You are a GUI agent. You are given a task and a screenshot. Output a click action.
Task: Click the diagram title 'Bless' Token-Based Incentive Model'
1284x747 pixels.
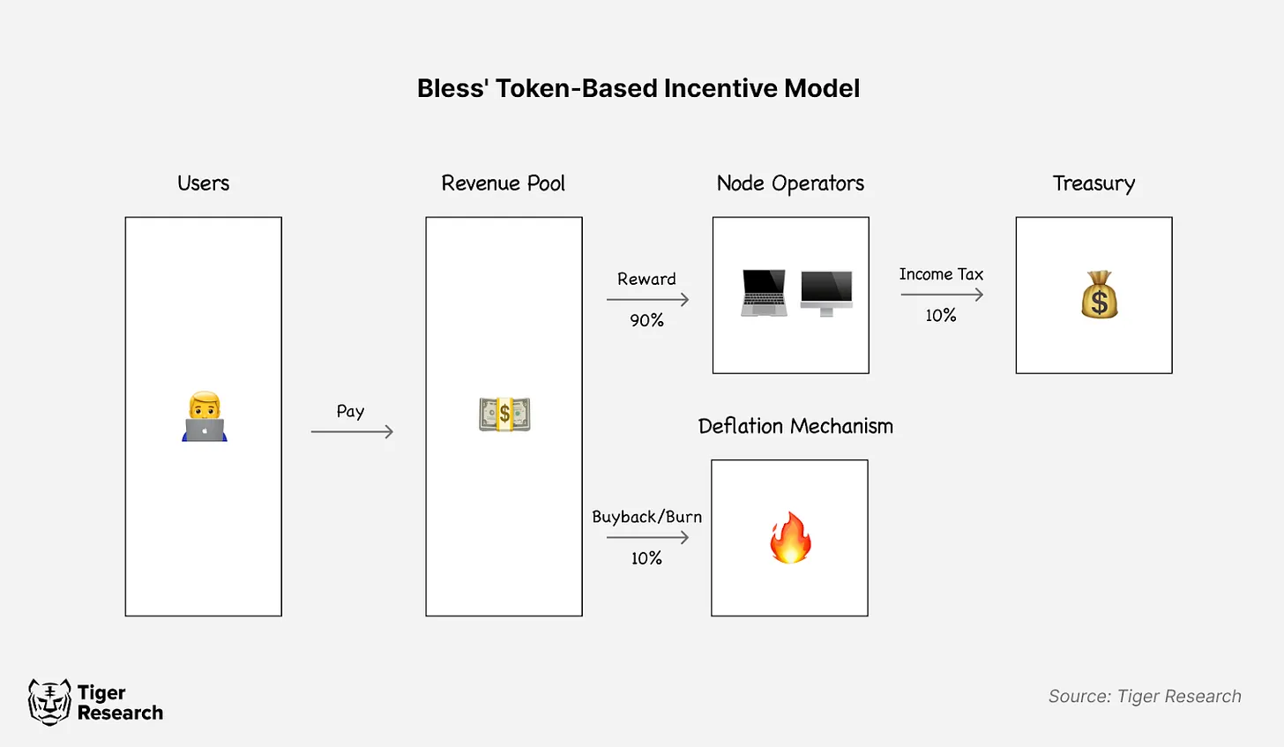(x=638, y=88)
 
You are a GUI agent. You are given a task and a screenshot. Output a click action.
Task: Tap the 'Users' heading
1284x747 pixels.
(x=203, y=183)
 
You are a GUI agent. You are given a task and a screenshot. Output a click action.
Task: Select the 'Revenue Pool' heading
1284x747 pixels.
(x=503, y=183)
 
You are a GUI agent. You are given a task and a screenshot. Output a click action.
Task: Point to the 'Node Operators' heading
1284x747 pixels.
(x=790, y=183)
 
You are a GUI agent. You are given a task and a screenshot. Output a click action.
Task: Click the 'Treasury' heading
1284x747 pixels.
(x=1094, y=183)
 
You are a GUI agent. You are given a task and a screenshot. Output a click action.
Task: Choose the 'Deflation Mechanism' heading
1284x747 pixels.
(x=795, y=427)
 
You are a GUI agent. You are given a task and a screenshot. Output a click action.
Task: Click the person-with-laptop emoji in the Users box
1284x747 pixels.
(x=205, y=417)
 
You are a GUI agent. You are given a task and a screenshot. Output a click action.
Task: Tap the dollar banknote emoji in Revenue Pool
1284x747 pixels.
(x=504, y=414)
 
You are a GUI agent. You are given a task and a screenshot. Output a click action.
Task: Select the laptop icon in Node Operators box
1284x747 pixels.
(x=764, y=293)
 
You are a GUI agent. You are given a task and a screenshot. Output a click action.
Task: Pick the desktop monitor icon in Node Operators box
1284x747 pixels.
(x=826, y=293)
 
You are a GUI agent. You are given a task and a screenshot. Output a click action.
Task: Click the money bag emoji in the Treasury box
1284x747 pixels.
(x=1099, y=295)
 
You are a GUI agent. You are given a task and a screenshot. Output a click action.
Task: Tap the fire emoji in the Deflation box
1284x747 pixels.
(x=790, y=538)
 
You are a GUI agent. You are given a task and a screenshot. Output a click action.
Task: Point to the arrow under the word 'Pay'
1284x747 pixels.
(x=352, y=431)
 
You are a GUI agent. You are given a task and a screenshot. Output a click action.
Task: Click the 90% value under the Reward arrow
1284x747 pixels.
(x=646, y=320)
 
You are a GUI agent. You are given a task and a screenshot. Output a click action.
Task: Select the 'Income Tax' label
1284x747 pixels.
(x=941, y=274)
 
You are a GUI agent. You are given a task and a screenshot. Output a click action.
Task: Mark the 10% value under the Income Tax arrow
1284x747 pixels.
(x=941, y=316)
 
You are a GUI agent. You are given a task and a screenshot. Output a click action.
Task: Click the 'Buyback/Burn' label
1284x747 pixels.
(x=646, y=517)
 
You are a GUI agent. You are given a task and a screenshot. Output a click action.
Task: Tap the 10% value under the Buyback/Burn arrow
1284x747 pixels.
(x=646, y=558)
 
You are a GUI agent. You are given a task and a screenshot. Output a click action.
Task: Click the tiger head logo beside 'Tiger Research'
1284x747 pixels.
(x=49, y=702)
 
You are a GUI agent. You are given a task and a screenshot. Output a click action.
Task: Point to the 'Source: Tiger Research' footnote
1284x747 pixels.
(x=1144, y=697)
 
